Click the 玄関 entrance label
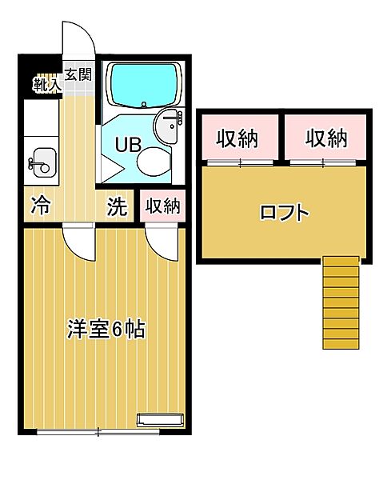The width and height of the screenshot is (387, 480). point(78,75)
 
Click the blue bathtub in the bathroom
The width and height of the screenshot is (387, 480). point(144,84)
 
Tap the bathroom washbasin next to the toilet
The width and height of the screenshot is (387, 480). point(169,126)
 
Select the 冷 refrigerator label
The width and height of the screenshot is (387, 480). point(38,206)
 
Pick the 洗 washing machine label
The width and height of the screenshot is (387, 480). point(117,207)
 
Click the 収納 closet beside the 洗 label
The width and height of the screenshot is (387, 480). point(162,206)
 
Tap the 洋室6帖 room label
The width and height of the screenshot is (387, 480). point(106,329)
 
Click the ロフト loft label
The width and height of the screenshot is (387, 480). point(283,214)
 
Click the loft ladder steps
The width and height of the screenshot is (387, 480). point(342,304)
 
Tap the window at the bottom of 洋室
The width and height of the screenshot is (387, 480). point(98,432)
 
